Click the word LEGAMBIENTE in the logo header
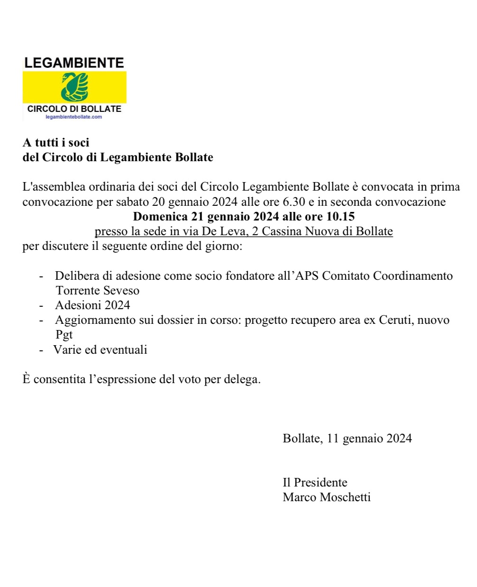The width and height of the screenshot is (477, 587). (74, 63)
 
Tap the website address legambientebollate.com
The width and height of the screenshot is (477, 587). (73, 117)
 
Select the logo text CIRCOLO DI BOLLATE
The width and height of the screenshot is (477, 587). (74, 109)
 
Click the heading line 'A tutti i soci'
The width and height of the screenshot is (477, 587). (56, 143)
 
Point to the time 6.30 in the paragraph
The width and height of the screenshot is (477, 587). (294, 202)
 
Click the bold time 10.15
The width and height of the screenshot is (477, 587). (340, 217)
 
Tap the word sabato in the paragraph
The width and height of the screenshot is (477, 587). (132, 202)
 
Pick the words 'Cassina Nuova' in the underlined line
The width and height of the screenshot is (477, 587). (303, 231)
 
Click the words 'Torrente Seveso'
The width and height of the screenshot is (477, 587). (97, 291)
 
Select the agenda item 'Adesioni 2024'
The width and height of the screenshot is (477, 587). (92, 305)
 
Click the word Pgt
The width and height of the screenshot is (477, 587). (64, 335)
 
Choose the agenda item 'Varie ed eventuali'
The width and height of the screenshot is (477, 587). (101, 350)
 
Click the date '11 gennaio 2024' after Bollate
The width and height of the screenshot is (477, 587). (369, 439)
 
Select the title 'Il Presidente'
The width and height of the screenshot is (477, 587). (315, 483)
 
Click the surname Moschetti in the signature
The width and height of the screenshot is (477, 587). (345, 497)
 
